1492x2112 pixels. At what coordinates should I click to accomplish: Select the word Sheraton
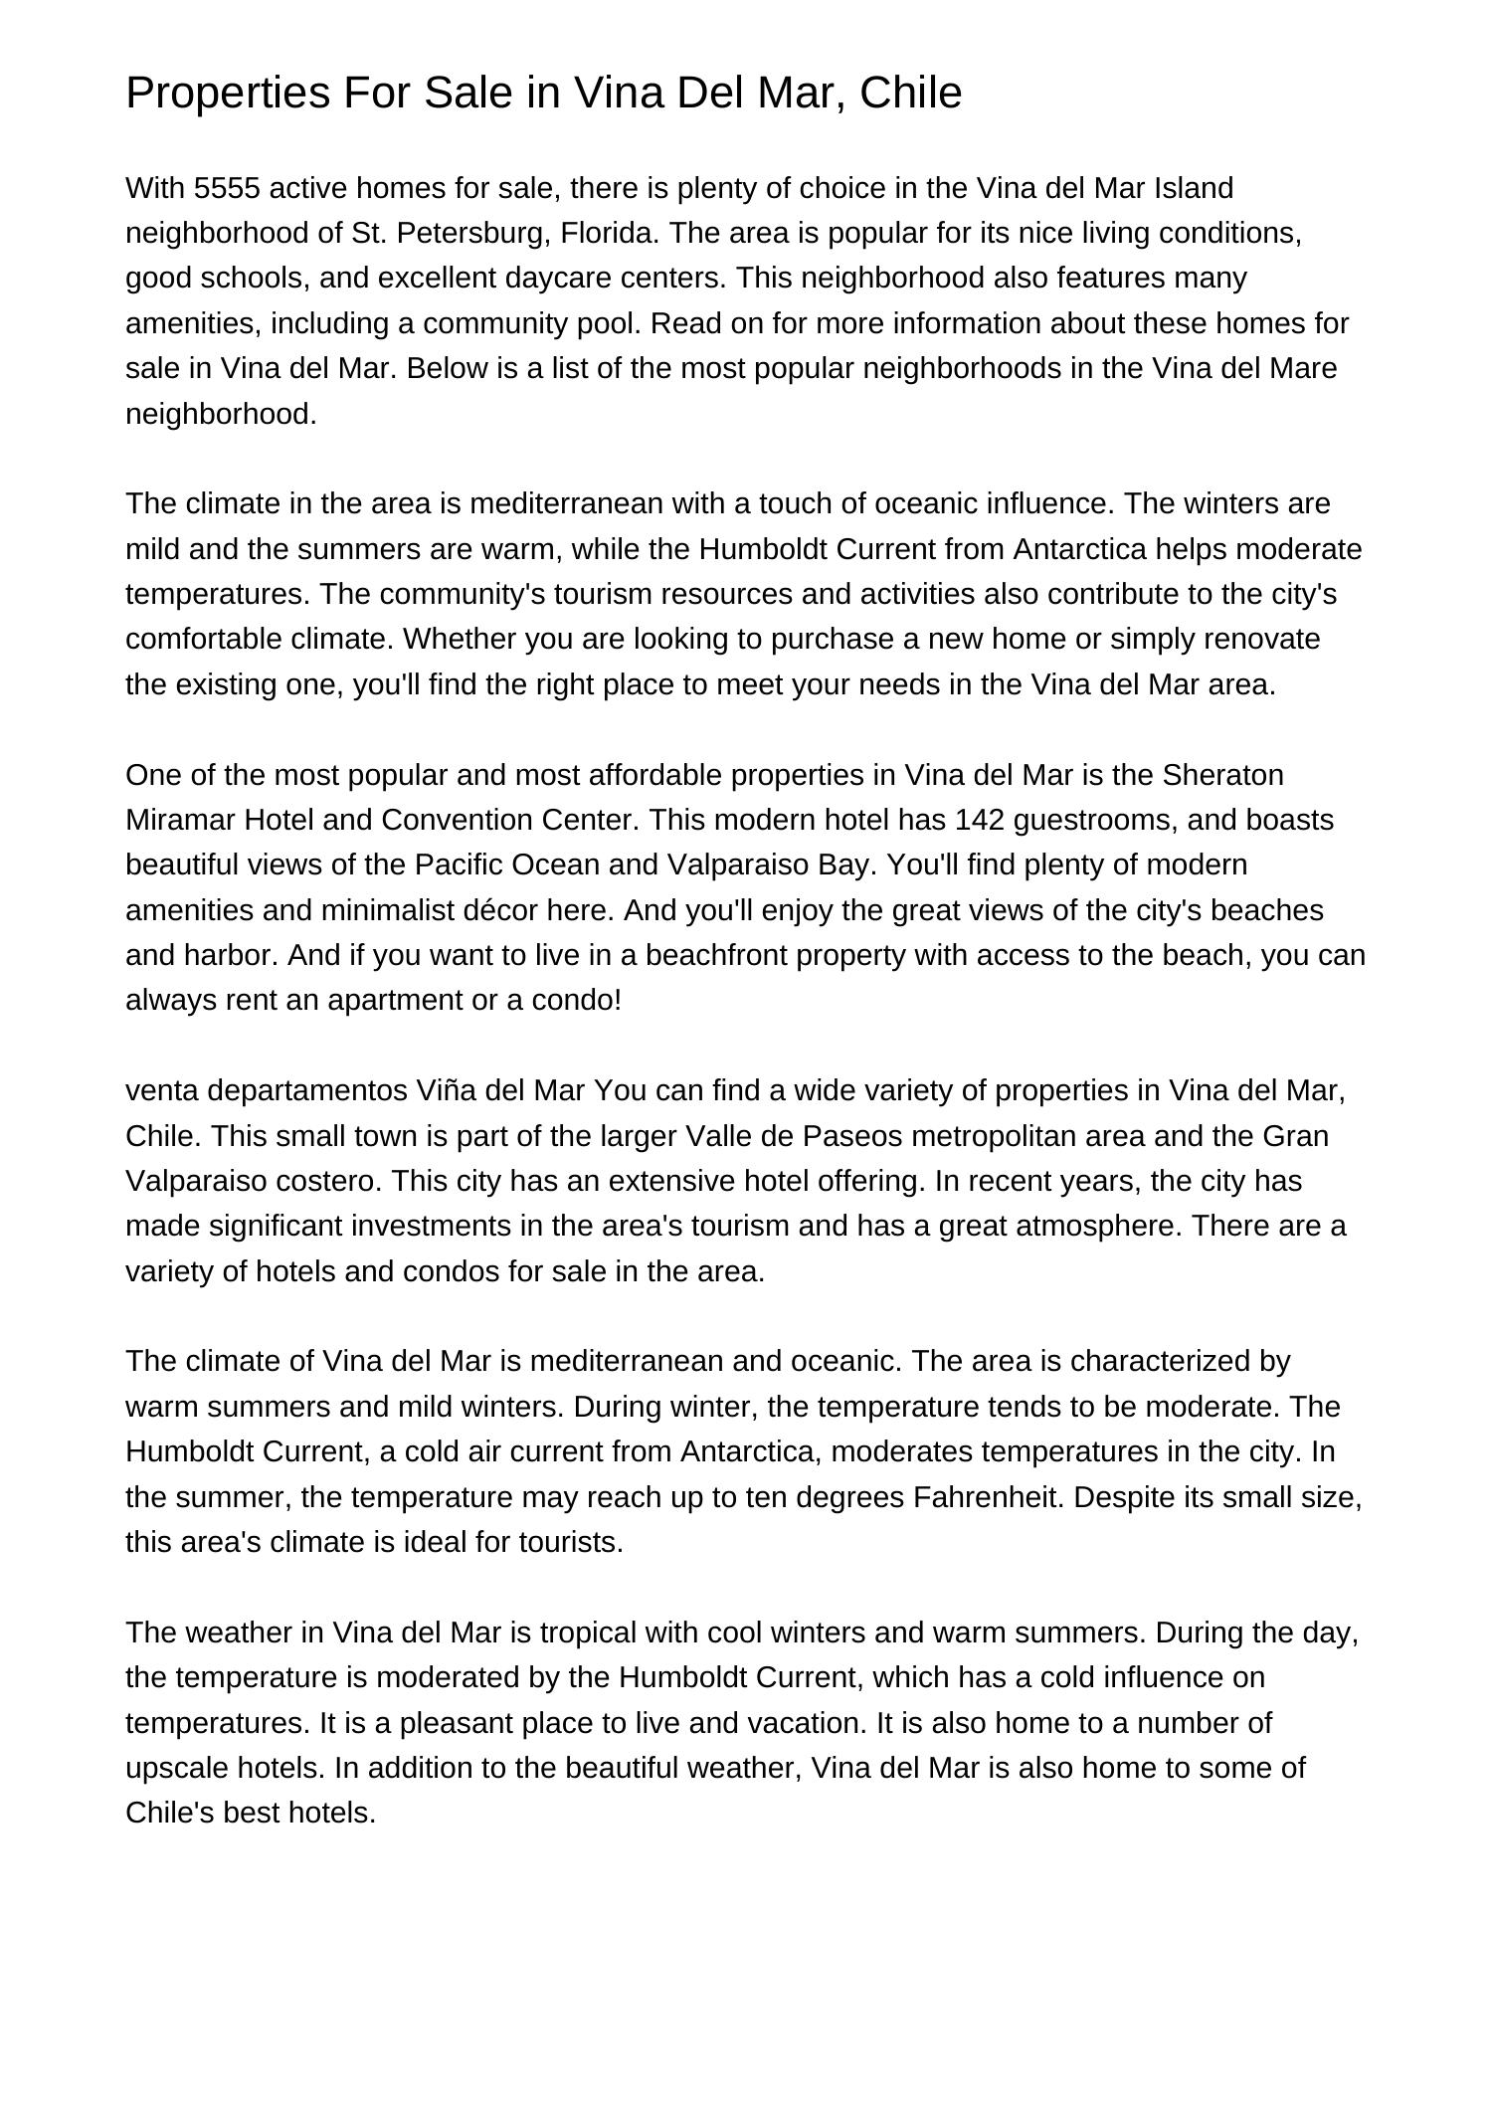coord(1222,775)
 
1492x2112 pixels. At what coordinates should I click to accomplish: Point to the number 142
coord(980,820)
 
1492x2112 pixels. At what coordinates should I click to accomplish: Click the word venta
coord(162,1090)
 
